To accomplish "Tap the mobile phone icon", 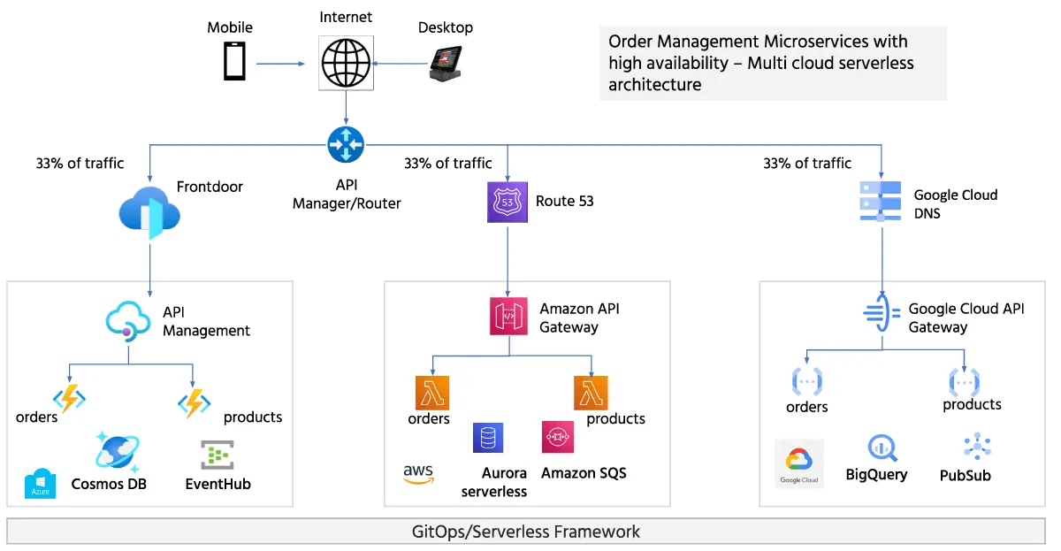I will (x=234, y=62).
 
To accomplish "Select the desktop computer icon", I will (x=445, y=63).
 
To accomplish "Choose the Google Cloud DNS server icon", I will (x=881, y=200).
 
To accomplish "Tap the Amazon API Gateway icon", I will (x=508, y=317).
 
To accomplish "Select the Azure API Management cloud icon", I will (x=128, y=321).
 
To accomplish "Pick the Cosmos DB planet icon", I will (x=118, y=452).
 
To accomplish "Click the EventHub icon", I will (x=218, y=455).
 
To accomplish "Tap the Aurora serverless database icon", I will (x=487, y=438).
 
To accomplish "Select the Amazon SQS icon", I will (x=559, y=437).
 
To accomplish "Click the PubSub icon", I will (x=977, y=448).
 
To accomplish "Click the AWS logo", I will (x=418, y=475).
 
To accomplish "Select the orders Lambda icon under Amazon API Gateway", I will (x=432, y=393).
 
